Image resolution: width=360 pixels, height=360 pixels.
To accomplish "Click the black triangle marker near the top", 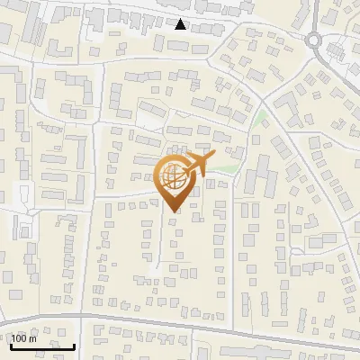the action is pyautogui.click(x=181, y=24).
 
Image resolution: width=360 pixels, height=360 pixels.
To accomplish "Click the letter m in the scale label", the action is pyautogui.click(x=33, y=338).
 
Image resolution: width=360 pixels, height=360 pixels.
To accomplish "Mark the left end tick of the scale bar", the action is pyautogui.click(x=11, y=345).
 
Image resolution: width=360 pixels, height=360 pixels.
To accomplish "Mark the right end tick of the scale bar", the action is pyautogui.click(x=74, y=345).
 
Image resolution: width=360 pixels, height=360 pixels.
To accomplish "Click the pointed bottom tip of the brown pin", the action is pyautogui.click(x=173, y=211).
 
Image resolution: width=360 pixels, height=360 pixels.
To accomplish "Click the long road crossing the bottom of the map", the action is pyautogui.click(x=180, y=324).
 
